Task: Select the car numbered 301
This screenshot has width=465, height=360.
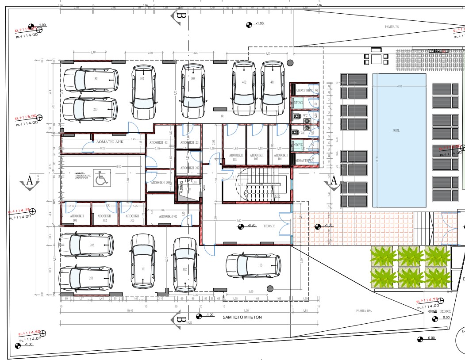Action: (91, 79)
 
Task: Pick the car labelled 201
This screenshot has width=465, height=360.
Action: (87, 278)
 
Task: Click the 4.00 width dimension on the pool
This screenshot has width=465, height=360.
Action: (399, 86)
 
